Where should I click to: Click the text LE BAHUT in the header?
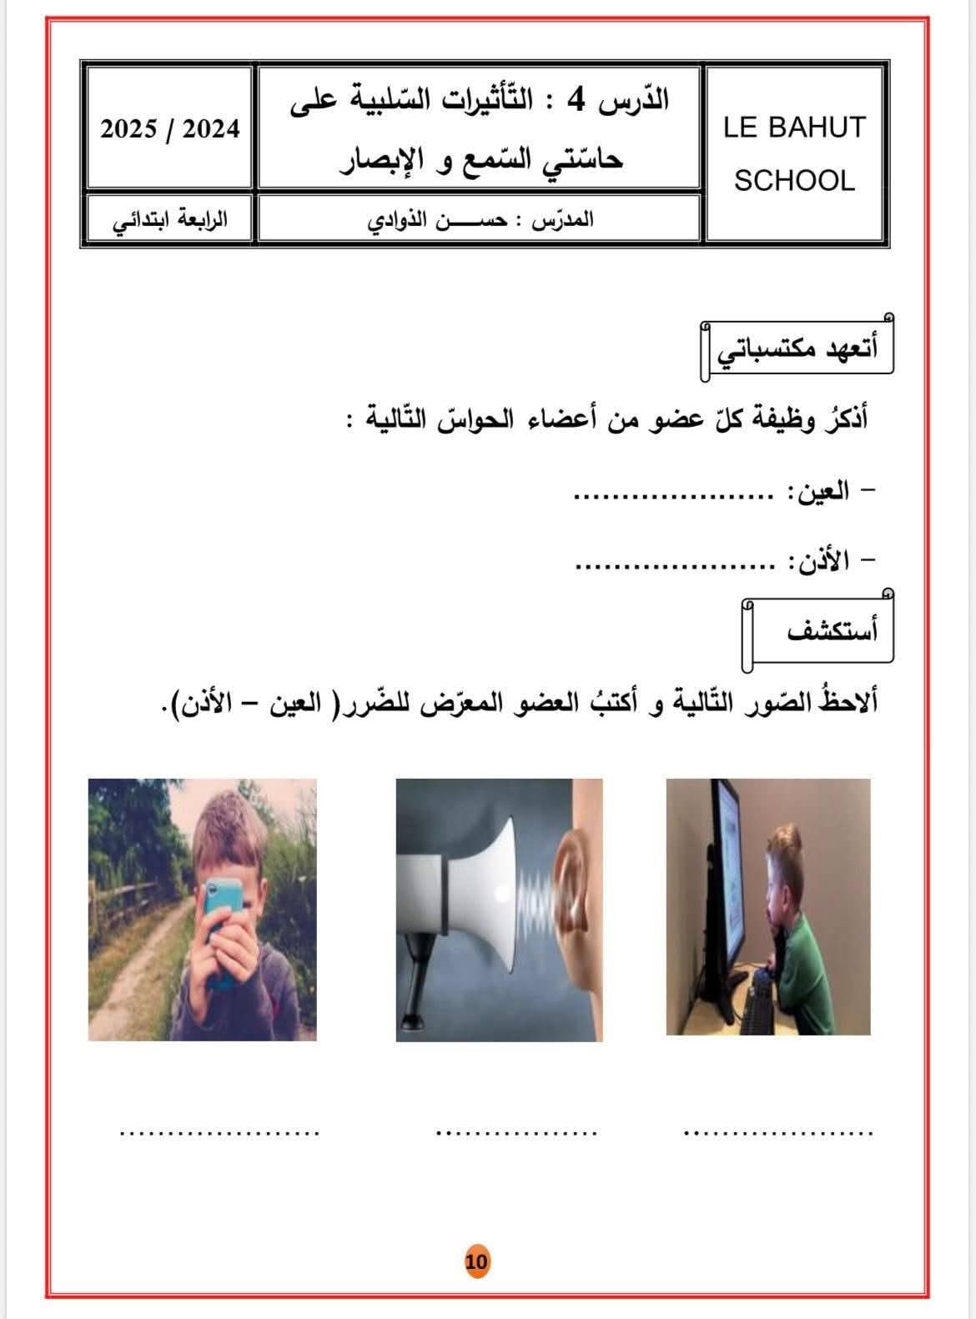pyautogui.click(x=794, y=128)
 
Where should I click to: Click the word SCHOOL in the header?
pyautogui.click(x=794, y=181)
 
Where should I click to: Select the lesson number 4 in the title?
pyautogui.click(x=576, y=101)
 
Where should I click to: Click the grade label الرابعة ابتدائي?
pyautogui.click(x=169, y=222)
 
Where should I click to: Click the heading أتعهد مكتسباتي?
pyautogui.click(x=797, y=349)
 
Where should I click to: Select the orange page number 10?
pyautogui.click(x=477, y=1261)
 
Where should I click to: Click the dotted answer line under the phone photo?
pyautogui.click(x=219, y=1132)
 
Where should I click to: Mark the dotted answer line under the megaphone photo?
pyautogui.click(x=516, y=1132)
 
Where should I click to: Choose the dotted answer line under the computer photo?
pyautogui.click(x=777, y=1132)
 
